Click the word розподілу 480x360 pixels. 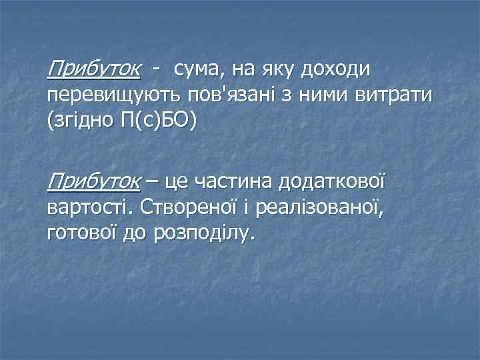203,234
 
